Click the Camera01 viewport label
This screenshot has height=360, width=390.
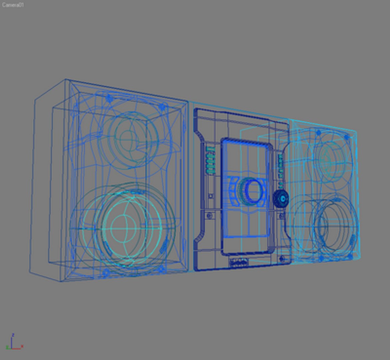[x=13, y=5]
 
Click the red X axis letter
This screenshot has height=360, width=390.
[x=22, y=347]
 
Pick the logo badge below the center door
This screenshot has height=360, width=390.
[x=239, y=263]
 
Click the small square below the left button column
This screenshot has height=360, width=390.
[x=210, y=196]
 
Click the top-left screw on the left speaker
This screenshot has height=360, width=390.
[x=109, y=98]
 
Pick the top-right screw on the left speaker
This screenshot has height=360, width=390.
[x=162, y=107]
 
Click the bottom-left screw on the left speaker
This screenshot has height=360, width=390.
[x=106, y=273]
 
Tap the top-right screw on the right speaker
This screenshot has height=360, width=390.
[x=347, y=137]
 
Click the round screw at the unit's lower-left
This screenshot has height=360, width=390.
[x=209, y=216]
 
